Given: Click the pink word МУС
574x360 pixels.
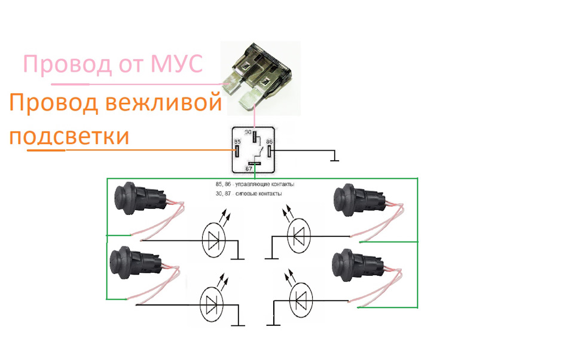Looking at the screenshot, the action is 176,64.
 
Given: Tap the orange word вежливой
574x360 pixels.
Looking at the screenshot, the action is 163,102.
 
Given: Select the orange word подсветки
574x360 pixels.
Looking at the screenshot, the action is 69,137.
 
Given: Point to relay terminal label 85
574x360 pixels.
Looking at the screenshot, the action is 237,142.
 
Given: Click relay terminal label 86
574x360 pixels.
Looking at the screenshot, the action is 270,142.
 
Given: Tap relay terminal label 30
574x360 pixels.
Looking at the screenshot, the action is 248,132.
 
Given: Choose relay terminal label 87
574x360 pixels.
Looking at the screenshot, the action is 249,169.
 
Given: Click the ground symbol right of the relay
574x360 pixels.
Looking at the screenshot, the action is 334,158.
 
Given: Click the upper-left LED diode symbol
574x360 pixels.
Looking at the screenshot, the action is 214,240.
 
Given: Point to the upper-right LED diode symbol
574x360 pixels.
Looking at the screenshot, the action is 299,235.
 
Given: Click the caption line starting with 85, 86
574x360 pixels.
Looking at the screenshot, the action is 255,184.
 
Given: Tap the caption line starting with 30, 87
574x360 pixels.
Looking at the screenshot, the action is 249,193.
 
